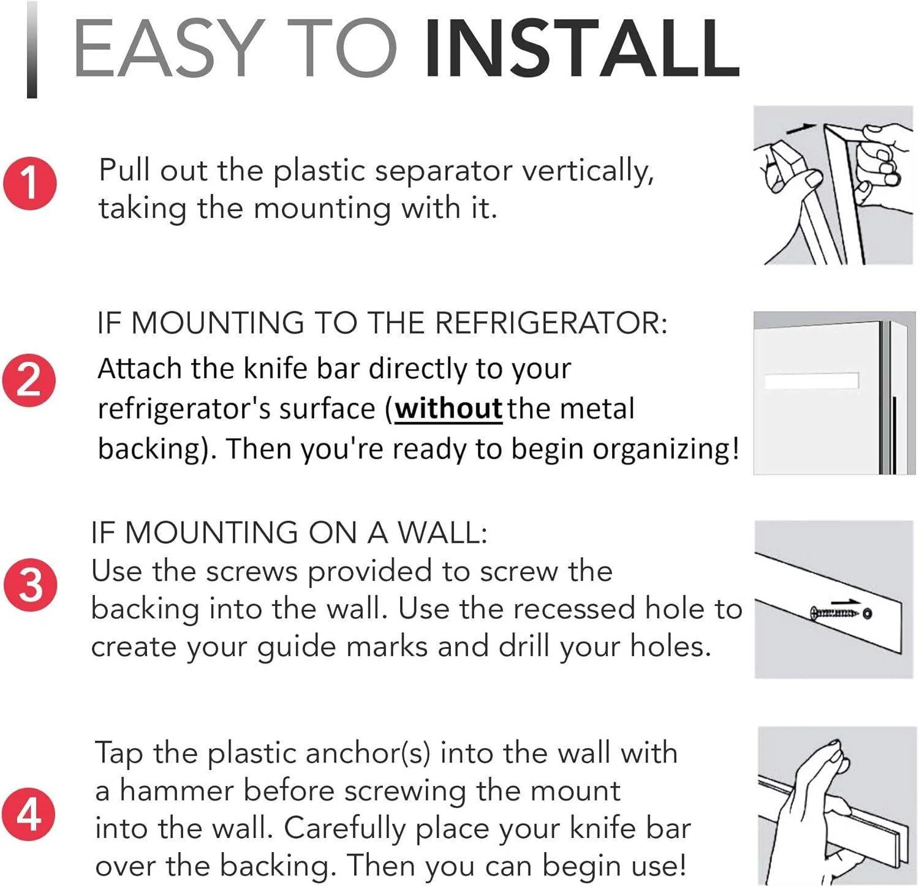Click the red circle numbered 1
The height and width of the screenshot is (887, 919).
(30, 183)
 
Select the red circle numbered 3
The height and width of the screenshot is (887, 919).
(30, 585)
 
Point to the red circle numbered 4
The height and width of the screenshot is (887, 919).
(28, 814)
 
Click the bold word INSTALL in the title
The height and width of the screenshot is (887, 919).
(581, 49)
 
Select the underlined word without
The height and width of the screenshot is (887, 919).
(448, 409)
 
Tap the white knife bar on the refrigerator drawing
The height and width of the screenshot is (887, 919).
(811, 381)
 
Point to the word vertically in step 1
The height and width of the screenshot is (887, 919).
(587, 171)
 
